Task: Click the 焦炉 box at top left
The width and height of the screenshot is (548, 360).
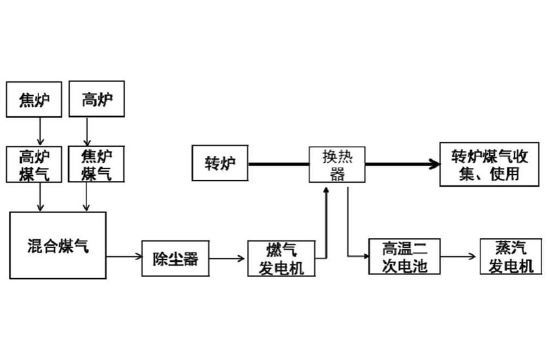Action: [x=33, y=100]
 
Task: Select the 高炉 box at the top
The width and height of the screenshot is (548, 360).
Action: [x=96, y=99]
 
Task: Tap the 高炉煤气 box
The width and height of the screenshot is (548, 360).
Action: [x=33, y=164]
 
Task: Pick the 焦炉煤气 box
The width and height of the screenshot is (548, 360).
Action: [x=96, y=164]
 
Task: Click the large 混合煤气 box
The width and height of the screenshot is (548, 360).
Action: [x=57, y=245]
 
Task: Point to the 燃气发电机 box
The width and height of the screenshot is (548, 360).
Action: [x=281, y=258]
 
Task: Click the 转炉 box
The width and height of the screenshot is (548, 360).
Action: [x=220, y=163]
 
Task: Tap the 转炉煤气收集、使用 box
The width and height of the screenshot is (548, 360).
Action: [x=489, y=164]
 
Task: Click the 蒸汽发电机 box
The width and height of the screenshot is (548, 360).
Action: [x=510, y=257]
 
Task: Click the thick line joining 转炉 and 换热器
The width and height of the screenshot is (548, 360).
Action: [x=278, y=163]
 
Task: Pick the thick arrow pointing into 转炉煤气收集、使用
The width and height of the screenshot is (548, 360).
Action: [x=403, y=163]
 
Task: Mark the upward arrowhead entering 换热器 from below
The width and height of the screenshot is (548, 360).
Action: [x=326, y=191]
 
